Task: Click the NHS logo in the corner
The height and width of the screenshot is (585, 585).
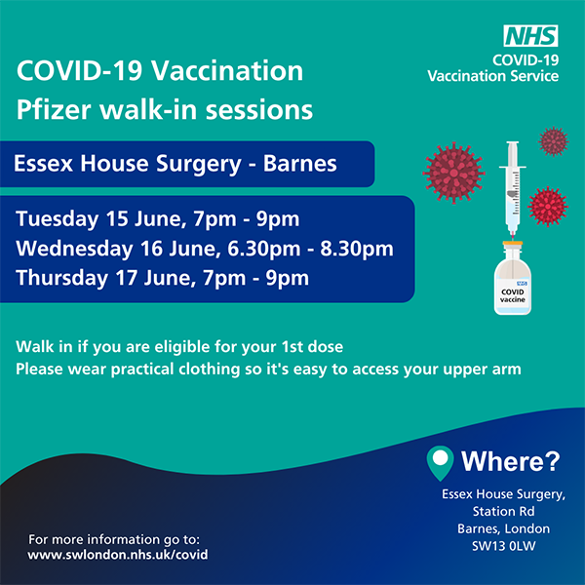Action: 530,36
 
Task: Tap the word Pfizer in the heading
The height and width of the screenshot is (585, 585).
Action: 54,110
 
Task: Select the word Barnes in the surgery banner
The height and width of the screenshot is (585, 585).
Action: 300,164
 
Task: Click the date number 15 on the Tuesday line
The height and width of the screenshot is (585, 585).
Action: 117,218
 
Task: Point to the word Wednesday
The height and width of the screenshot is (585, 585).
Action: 74,249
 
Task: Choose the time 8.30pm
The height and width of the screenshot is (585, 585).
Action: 357,249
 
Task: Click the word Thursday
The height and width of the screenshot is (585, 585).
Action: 62,278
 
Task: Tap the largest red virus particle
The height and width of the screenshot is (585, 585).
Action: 453,174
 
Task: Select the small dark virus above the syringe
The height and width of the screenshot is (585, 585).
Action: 553,141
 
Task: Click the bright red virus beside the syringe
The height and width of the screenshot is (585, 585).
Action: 548,207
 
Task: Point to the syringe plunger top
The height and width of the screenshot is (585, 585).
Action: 513,143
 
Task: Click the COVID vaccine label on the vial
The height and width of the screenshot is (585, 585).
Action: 513,295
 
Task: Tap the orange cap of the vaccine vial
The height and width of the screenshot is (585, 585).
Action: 513,244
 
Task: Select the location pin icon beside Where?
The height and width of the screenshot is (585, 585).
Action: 441,462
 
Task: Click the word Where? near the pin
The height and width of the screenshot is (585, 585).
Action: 510,461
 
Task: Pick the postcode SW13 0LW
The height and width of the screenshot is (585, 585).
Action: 504,546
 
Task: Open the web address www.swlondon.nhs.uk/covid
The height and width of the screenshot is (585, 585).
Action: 118,555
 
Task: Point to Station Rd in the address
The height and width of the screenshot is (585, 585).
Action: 504,511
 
